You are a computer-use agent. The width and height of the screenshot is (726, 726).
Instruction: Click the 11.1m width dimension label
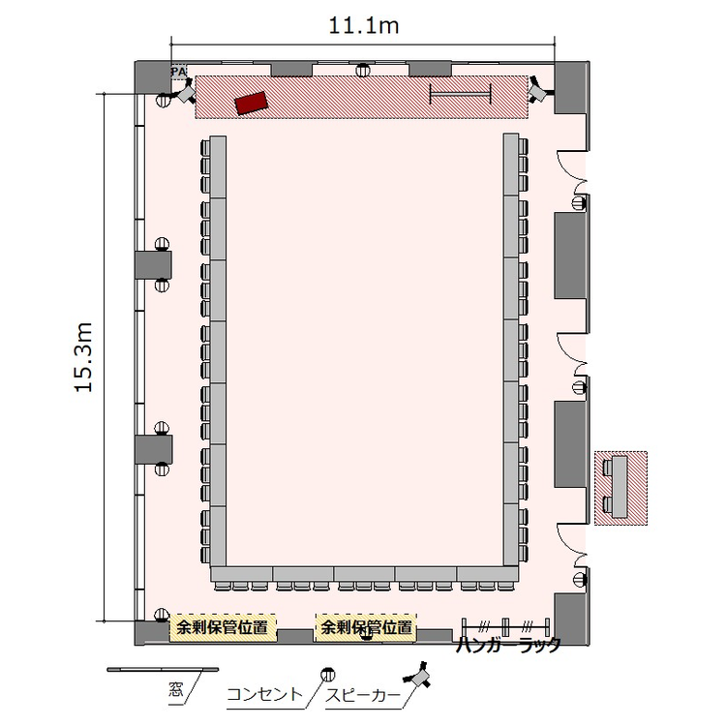tap(363, 26)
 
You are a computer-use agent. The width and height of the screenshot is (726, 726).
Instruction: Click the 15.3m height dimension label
tap(84, 357)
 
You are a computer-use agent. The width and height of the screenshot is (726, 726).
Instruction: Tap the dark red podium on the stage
tap(252, 103)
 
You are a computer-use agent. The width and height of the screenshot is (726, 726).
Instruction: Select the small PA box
tap(179, 72)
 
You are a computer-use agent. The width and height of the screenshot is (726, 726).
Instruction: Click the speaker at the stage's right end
tap(539, 90)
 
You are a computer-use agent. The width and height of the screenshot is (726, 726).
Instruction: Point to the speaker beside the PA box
tap(185, 92)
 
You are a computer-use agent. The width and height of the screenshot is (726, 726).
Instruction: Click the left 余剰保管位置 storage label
tap(223, 628)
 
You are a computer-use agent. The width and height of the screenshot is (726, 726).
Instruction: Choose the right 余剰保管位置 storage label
tap(366, 628)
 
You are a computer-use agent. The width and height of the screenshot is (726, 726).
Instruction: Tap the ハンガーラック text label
tap(508, 645)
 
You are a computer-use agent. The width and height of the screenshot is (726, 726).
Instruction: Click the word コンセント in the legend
tap(264, 694)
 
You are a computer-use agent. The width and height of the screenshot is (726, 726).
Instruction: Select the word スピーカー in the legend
tap(363, 695)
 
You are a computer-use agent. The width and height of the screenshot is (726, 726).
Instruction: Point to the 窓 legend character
tap(176, 690)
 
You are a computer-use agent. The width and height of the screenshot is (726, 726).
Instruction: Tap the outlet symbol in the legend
tap(328, 674)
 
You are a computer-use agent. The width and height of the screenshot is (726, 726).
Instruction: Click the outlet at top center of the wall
tap(363, 71)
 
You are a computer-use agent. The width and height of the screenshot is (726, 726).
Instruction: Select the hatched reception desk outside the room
tap(620, 488)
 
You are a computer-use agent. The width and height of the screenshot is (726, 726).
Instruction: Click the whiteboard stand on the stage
tap(460, 94)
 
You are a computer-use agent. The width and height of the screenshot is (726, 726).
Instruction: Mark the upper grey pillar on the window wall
tap(154, 265)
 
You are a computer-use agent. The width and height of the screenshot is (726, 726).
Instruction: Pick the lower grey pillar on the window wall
tap(154, 449)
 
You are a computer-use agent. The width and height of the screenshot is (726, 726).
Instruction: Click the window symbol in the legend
tap(163, 669)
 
